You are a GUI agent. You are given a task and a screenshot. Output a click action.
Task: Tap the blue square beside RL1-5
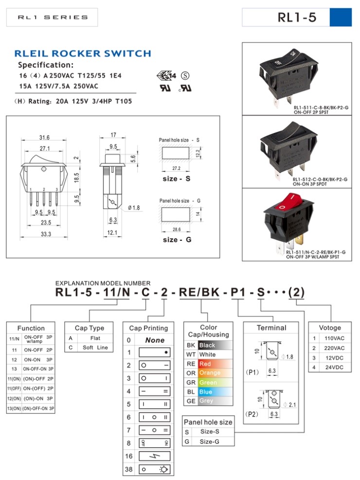point(340,18)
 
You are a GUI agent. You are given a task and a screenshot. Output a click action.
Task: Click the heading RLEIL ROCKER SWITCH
point(82,53)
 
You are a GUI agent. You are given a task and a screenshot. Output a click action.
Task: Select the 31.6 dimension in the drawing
point(44,138)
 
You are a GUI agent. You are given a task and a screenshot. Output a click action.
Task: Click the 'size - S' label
point(176,179)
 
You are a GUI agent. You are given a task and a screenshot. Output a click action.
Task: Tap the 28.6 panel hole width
point(176,229)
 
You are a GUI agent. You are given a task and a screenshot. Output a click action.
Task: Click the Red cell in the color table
point(214,364)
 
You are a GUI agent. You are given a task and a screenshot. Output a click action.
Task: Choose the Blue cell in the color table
point(214,391)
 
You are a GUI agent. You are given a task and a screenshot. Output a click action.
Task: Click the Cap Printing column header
point(148,328)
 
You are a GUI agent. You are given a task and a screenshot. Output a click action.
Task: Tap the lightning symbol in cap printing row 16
point(155,456)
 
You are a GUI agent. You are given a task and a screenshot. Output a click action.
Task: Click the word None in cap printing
point(155,340)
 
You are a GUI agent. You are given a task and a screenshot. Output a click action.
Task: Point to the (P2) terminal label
point(252,414)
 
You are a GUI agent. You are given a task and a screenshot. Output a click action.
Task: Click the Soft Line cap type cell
point(95,348)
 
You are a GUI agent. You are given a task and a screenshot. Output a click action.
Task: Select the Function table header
point(31,328)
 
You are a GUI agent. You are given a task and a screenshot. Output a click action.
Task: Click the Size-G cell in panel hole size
point(210,442)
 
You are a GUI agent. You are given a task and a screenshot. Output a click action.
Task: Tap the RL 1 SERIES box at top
point(52,18)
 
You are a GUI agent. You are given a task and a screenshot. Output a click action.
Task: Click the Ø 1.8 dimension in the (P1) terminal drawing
point(288,357)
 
